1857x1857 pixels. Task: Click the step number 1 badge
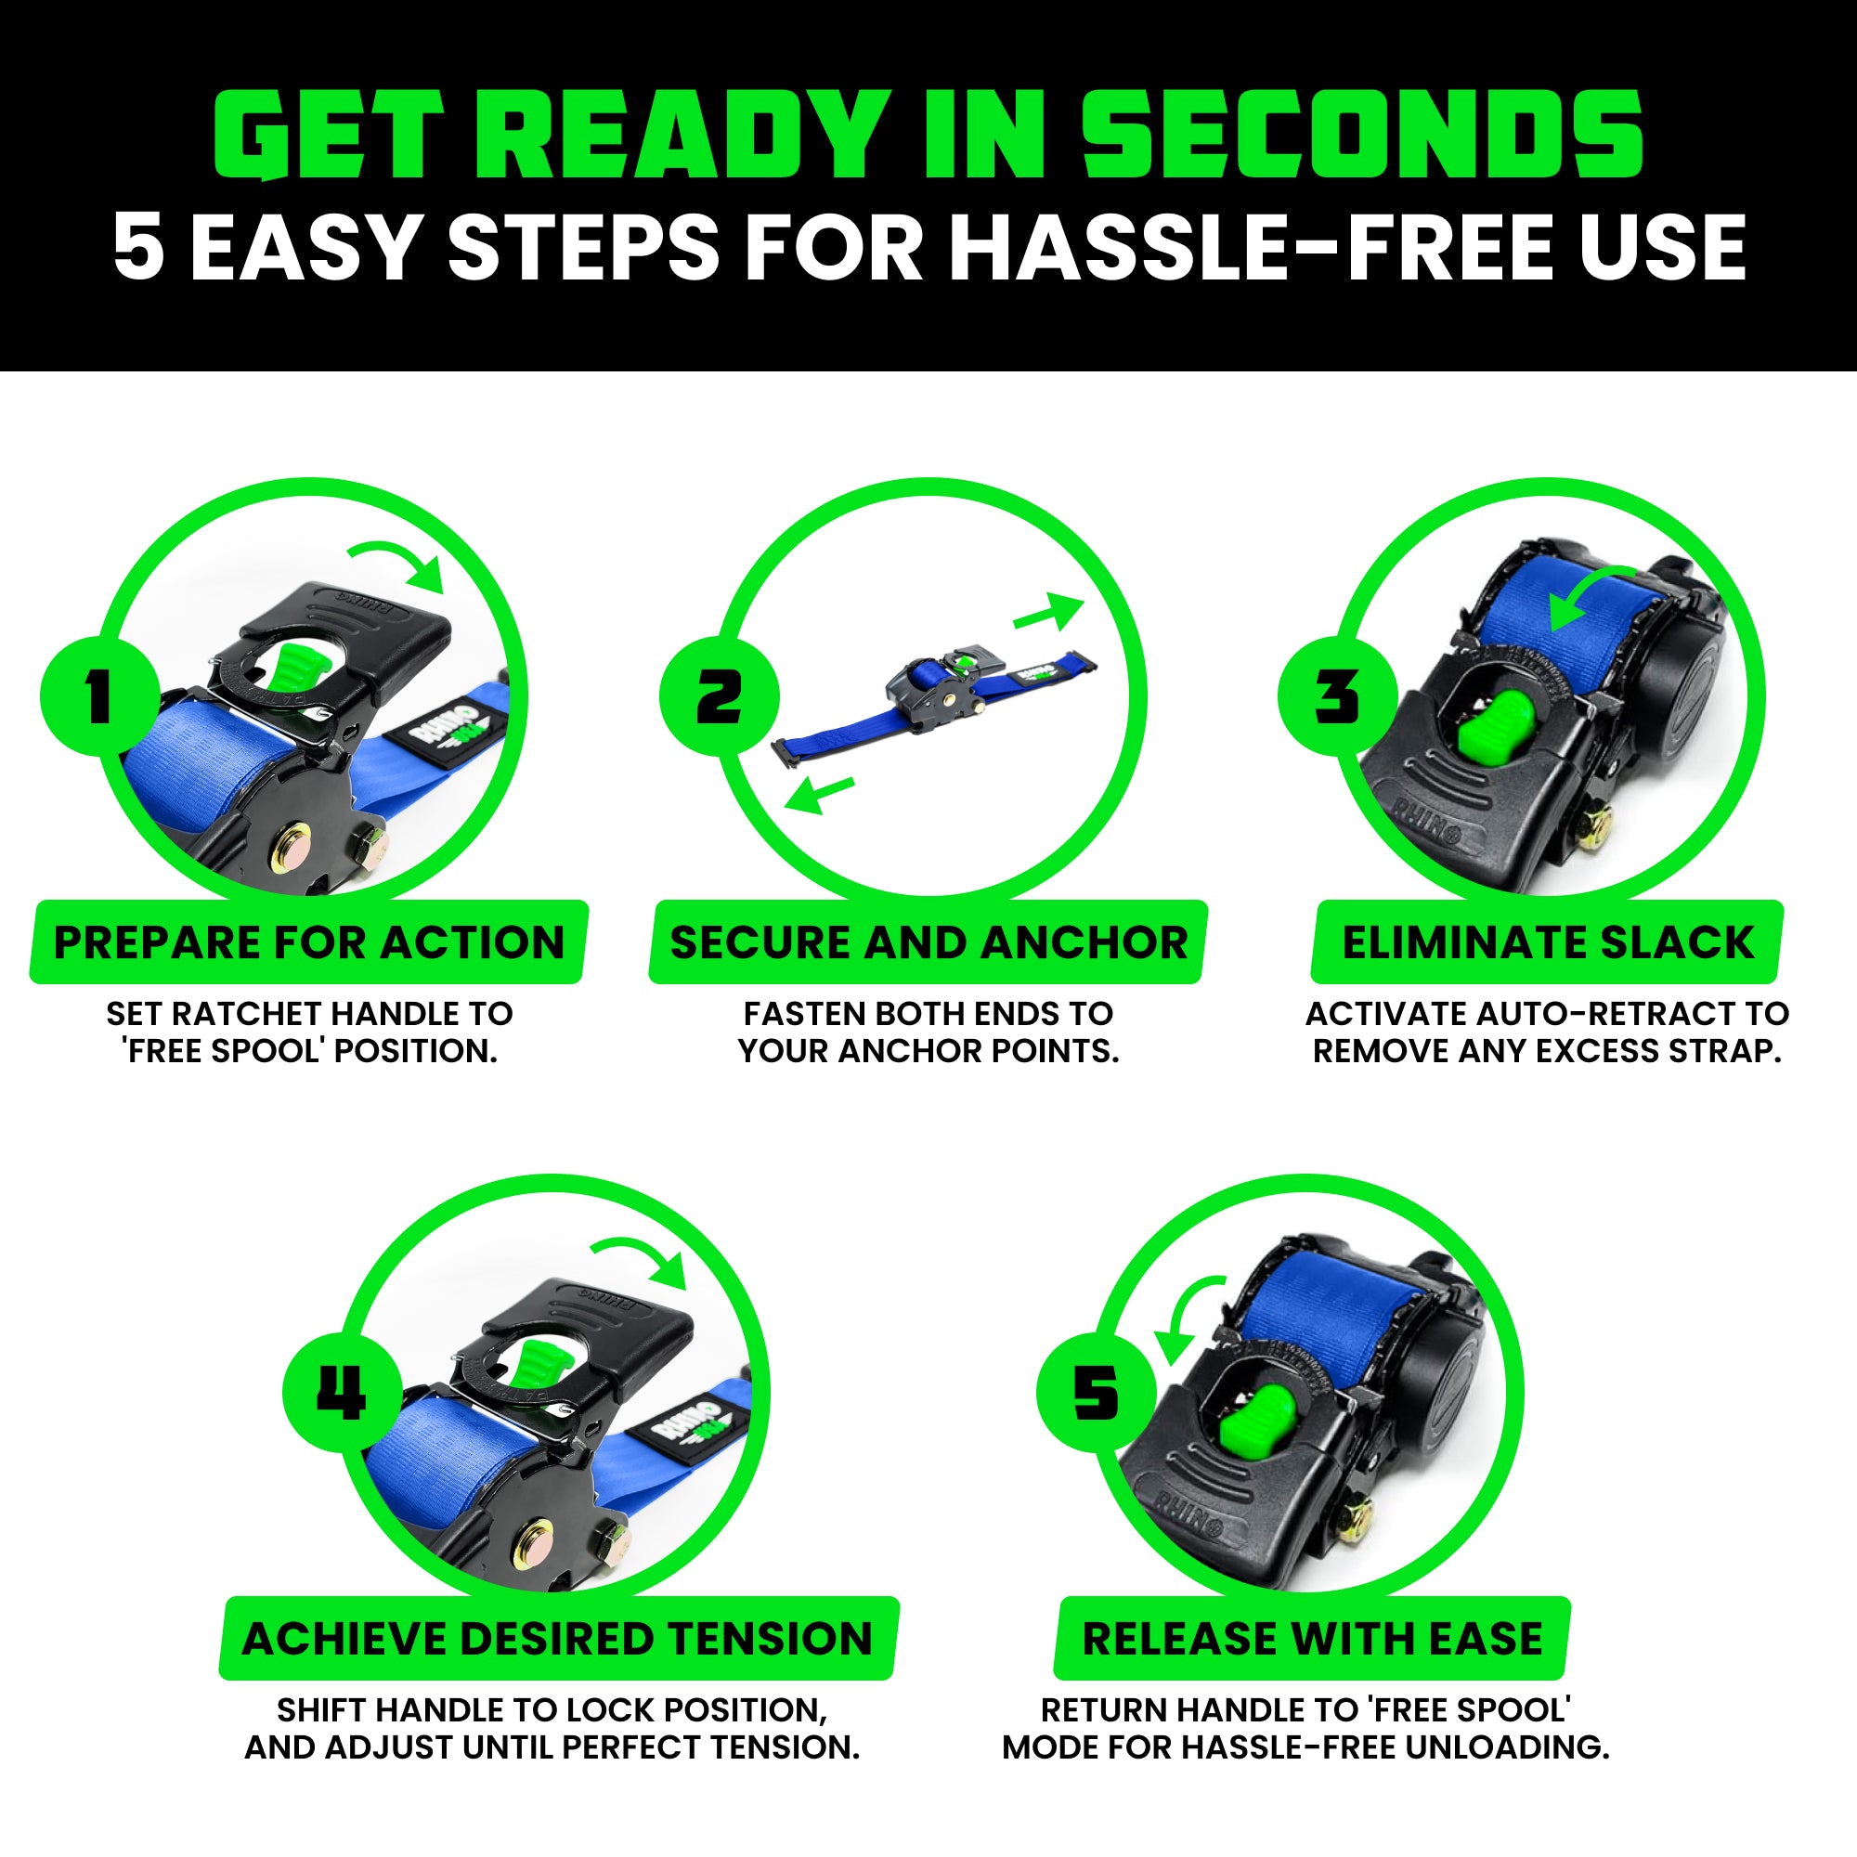coord(99,695)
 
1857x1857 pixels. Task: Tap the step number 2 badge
coord(719,695)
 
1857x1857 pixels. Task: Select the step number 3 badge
coord(1338,695)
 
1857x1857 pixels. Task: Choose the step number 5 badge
coord(1097,1393)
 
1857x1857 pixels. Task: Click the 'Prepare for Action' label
coord(308,941)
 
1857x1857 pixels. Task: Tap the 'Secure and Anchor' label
coord(928,941)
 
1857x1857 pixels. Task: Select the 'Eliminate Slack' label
coord(1548,941)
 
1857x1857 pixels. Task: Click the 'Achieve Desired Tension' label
coord(557,1639)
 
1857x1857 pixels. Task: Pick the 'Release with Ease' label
coord(1312,1639)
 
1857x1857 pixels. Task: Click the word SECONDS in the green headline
coord(1363,134)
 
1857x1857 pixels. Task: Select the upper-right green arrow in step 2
coord(1048,612)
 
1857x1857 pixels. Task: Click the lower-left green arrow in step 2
coord(819,795)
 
